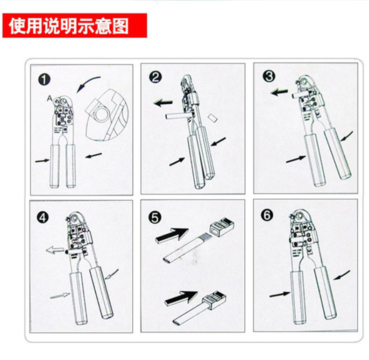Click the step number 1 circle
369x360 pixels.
pyautogui.click(x=44, y=79)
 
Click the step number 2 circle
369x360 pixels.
pyautogui.click(x=156, y=77)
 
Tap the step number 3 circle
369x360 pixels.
pyautogui.click(x=269, y=76)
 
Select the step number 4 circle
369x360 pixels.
pyautogui.click(x=43, y=217)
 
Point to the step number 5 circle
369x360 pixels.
pyautogui.click(x=155, y=217)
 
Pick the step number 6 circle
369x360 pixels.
pyautogui.click(x=267, y=215)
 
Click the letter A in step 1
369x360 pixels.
pyautogui.click(x=50, y=98)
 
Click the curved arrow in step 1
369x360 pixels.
pyautogui.click(x=87, y=82)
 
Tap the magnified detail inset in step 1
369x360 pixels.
pyautogui.click(x=106, y=115)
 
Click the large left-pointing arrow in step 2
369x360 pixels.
pyautogui.click(x=163, y=103)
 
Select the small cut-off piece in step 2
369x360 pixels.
pyautogui.click(x=213, y=117)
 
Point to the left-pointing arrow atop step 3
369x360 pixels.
pyautogui.click(x=279, y=92)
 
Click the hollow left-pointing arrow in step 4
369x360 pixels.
pyautogui.click(x=55, y=250)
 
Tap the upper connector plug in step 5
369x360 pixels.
pyautogui.click(x=222, y=227)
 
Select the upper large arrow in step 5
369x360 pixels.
pyautogui.click(x=172, y=235)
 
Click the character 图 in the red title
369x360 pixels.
pyautogui.click(x=121, y=26)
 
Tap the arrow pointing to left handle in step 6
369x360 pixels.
pyautogui.click(x=280, y=295)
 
